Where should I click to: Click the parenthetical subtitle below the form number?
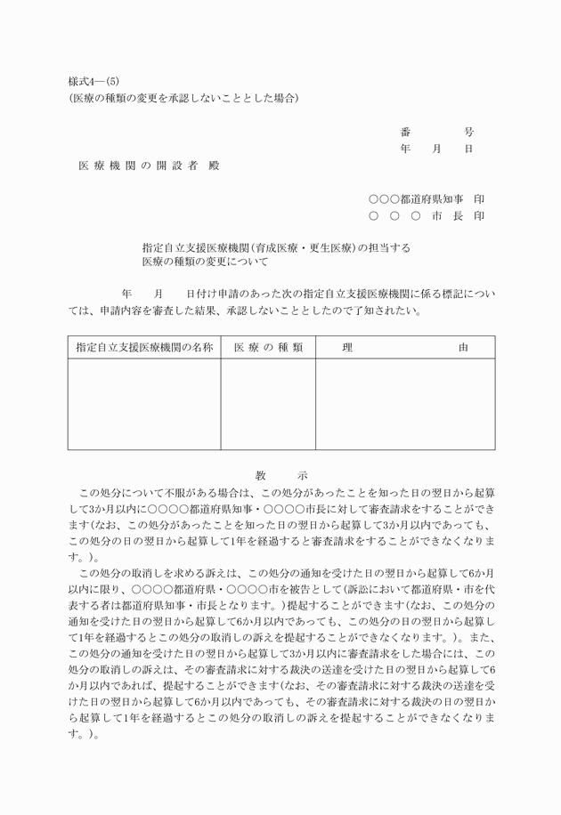pos(183,98)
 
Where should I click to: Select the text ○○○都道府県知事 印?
pos(427,199)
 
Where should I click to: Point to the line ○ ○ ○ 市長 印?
pos(427,216)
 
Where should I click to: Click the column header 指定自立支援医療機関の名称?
pos(144,348)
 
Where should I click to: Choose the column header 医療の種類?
pos(268,348)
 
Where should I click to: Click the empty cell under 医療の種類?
pos(268,404)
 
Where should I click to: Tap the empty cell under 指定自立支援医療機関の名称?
pos(144,404)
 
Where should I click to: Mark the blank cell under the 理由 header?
pos(405,404)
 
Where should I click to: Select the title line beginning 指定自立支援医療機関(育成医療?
pos(276,247)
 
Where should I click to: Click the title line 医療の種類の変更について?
pos(205,262)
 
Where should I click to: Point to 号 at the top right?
pos(469,132)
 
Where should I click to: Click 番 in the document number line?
pos(406,132)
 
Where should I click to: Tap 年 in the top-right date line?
pos(406,149)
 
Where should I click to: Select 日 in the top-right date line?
pos(469,149)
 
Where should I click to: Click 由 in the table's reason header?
pos(463,348)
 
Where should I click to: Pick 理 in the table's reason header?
pos(347,348)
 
